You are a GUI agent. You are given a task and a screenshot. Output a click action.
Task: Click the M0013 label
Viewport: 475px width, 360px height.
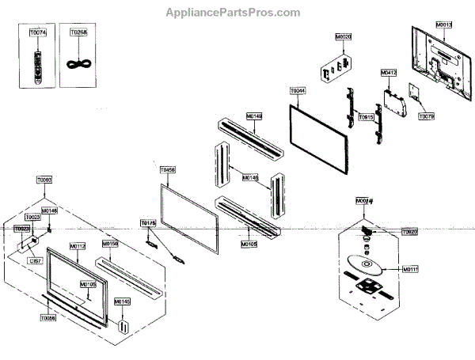click(x=444, y=25)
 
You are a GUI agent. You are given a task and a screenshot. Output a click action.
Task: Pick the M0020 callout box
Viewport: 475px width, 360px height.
click(x=344, y=37)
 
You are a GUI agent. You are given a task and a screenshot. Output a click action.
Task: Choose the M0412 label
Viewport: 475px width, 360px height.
click(x=388, y=73)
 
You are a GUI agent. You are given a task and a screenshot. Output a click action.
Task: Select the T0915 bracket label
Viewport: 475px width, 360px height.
click(x=366, y=117)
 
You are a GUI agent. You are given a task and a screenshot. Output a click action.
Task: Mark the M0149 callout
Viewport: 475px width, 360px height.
click(x=254, y=116)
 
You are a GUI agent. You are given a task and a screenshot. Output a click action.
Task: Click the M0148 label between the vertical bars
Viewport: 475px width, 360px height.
click(x=249, y=177)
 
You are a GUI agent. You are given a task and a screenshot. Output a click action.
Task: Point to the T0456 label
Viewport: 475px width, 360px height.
click(x=167, y=169)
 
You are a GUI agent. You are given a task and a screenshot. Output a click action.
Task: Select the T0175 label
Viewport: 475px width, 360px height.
click(x=148, y=224)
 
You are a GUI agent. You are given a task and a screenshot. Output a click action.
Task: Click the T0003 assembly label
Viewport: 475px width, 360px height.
click(x=44, y=180)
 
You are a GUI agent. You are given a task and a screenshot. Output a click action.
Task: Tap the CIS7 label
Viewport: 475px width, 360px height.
click(x=35, y=260)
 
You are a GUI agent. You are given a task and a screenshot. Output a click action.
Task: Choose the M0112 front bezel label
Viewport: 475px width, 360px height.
click(x=78, y=246)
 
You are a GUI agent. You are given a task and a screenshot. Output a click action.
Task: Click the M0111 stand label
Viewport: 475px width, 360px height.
click(x=410, y=269)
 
